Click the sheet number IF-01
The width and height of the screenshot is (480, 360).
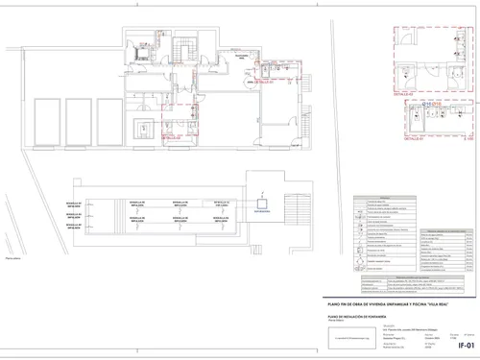pos(466,344)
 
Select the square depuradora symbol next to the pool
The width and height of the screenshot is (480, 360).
pos(271,203)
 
